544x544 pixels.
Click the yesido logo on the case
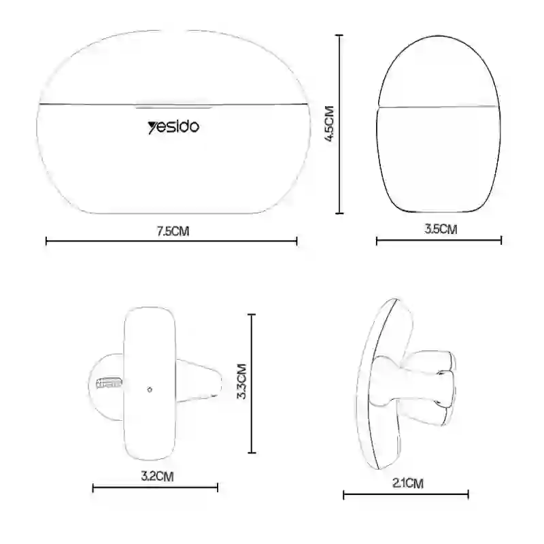[x=173, y=127]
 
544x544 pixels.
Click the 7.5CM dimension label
[x=173, y=231]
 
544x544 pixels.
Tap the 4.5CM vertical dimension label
[x=329, y=124]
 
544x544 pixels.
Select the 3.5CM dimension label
[x=441, y=229]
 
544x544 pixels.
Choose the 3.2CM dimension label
[x=157, y=476]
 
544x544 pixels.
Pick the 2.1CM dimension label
[x=408, y=483]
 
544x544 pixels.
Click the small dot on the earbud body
[x=150, y=390]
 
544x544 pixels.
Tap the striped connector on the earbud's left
[x=109, y=383]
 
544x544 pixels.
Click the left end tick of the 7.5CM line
[x=46, y=241]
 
